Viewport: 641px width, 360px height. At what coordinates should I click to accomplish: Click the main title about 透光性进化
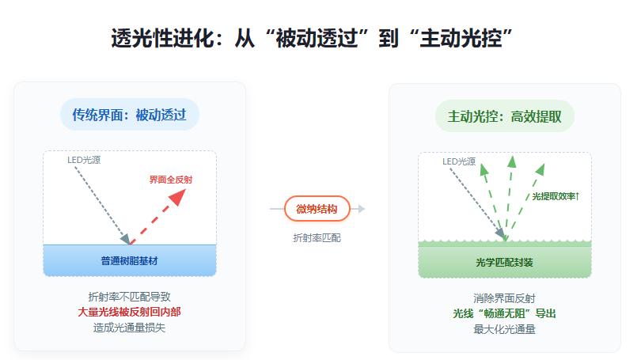tap(320, 37)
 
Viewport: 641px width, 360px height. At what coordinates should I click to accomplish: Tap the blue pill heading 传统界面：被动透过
tap(129, 116)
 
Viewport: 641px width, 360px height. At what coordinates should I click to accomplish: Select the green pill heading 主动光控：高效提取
tap(504, 116)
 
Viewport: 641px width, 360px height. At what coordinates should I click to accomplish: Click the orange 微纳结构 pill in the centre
tap(317, 209)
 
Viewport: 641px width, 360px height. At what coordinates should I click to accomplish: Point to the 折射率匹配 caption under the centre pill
tap(317, 237)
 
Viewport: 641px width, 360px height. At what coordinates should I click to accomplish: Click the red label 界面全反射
tap(170, 180)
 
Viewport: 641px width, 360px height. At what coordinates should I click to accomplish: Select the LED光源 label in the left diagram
tap(84, 161)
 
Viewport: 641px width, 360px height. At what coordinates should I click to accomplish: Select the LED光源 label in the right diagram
tap(459, 161)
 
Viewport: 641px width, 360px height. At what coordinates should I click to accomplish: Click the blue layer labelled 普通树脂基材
tap(129, 260)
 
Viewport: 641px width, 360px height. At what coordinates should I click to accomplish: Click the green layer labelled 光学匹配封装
tap(504, 262)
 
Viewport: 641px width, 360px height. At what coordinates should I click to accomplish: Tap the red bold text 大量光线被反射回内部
tap(129, 313)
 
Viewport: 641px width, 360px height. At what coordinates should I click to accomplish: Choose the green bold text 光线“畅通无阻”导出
tap(504, 313)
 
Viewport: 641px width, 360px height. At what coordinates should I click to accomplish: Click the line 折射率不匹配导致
tap(129, 297)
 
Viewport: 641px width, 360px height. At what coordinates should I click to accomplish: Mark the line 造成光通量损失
tap(129, 328)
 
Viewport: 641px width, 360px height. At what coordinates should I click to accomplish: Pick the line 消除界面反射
tap(504, 298)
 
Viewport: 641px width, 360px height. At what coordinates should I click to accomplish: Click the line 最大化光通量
tap(504, 328)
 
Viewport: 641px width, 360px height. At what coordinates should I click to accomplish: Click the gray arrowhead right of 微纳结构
tap(361, 209)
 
